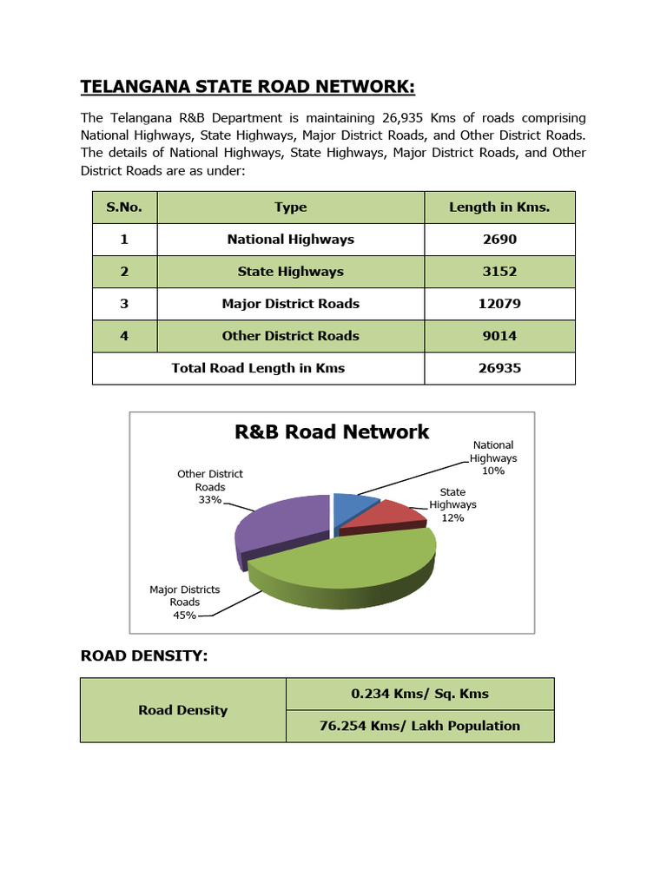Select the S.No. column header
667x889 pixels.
pyautogui.click(x=124, y=207)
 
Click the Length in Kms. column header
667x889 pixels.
pyautogui.click(x=499, y=207)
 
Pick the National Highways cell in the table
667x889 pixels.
pyautogui.click(x=290, y=239)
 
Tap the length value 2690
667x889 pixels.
pyautogui.click(x=499, y=239)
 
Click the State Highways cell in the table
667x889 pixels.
pyautogui.click(x=290, y=271)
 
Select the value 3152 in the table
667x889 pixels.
pyautogui.click(x=499, y=271)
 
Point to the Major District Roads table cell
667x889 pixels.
pyautogui.click(x=290, y=303)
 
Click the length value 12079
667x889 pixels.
pyautogui.click(x=499, y=303)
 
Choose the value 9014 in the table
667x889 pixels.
pyautogui.click(x=499, y=335)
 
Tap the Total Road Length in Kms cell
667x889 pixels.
pyautogui.click(x=258, y=367)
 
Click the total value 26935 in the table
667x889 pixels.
pyautogui.click(x=499, y=367)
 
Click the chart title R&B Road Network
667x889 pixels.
pyautogui.click(x=332, y=431)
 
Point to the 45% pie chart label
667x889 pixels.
pyautogui.click(x=184, y=615)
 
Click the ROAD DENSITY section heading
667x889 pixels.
pyautogui.click(x=144, y=655)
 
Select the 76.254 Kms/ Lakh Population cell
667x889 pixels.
pyautogui.click(x=419, y=726)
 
